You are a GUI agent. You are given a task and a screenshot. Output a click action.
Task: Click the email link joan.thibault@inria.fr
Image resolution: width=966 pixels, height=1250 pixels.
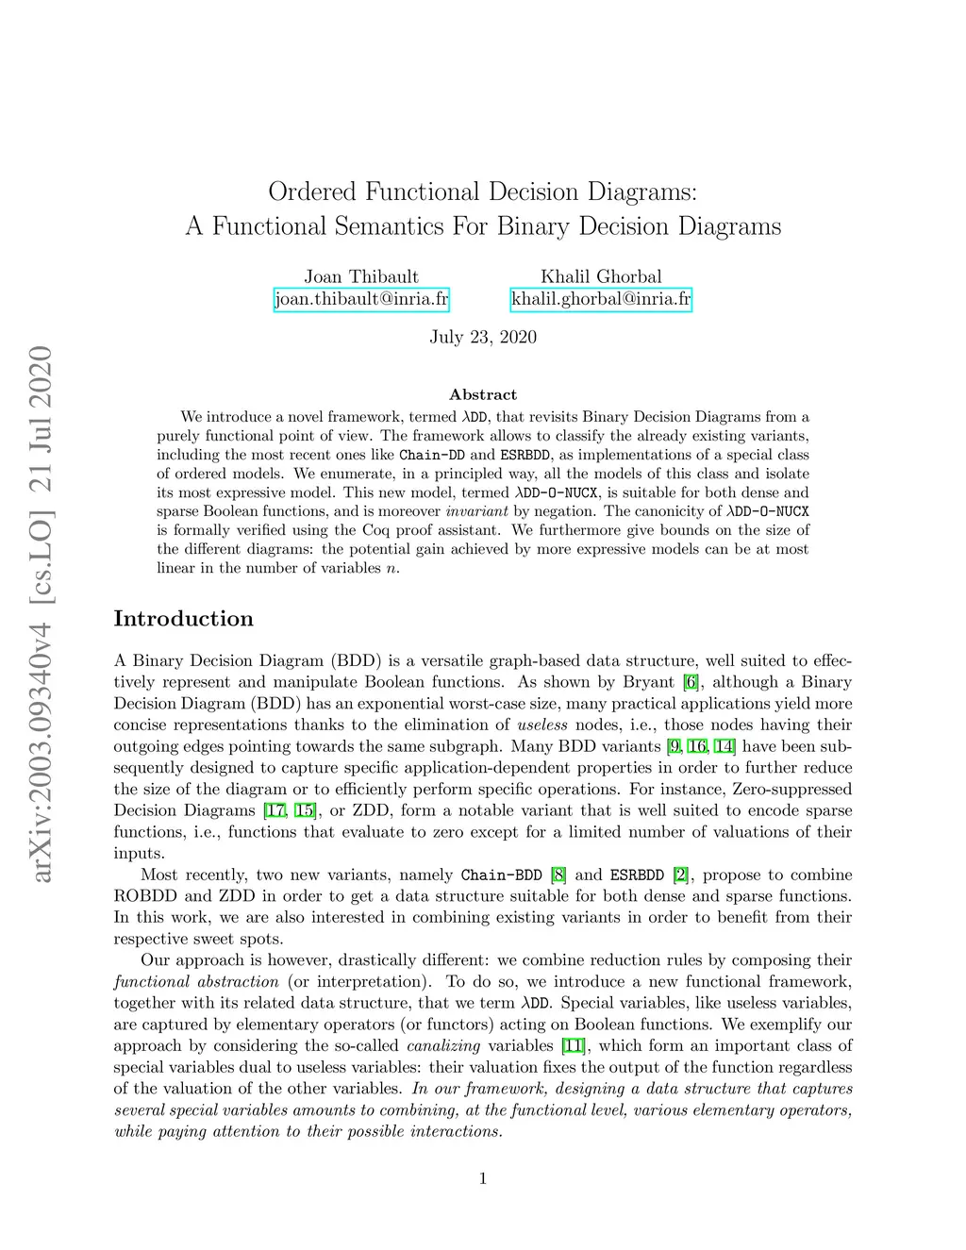pyautogui.click(x=361, y=300)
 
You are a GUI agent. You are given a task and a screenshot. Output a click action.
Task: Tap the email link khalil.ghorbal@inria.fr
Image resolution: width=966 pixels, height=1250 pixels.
pyautogui.click(x=601, y=300)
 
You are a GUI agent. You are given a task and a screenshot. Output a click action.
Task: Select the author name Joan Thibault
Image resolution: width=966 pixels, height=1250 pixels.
pyautogui.click(x=361, y=276)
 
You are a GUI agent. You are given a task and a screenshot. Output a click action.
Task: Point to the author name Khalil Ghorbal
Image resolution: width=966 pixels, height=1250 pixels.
pyautogui.click(x=601, y=276)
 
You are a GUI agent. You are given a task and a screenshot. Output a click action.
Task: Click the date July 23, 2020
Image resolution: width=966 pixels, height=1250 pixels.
pyautogui.click(x=483, y=337)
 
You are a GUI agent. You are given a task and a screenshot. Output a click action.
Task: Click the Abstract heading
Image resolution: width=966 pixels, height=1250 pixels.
pyautogui.click(x=483, y=394)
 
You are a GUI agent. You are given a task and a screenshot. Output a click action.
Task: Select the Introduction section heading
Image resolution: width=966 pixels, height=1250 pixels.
pyautogui.click(x=184, y=619)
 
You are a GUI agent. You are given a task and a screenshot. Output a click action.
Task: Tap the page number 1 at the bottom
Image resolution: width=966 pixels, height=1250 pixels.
pyautogui.click(x=483, y=1177)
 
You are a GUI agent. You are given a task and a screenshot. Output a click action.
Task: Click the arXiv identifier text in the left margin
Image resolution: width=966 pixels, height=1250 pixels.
pyautogui.click(x=41, y=614)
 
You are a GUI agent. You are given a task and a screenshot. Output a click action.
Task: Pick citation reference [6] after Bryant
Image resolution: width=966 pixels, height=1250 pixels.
pyautogui.click(x=691, y=682)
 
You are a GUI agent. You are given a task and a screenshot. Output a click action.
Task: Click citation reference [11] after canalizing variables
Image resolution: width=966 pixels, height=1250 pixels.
pyautogui.click(x=574, y=1045)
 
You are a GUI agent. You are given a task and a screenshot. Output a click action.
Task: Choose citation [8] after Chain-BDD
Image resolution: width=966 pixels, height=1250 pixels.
pyautogui.click(x=558, y=875)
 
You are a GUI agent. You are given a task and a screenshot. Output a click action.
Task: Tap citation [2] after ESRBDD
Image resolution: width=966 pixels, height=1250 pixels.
pyautogui.click(x=680, y=875)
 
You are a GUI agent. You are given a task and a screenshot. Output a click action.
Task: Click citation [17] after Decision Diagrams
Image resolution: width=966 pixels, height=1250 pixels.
pyautogui.click(x=275, y=810)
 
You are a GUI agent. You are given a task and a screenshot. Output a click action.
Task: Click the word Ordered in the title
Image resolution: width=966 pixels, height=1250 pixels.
pyautogui.click(x=312, y=192)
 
